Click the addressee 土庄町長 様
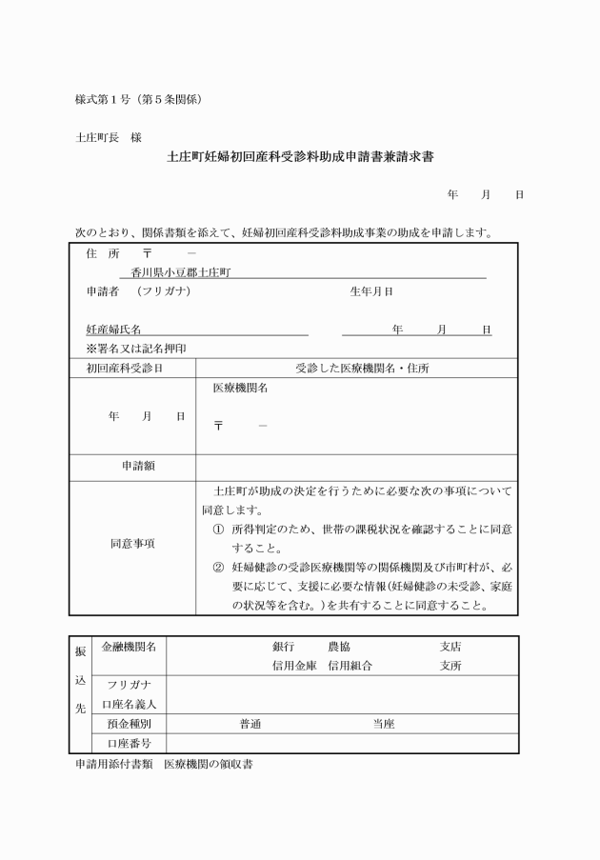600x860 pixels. (108, 138)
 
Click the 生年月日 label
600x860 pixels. (371, 291)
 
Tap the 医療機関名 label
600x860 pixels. (240, 389)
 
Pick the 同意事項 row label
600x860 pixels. (132, 544)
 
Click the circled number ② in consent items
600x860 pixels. (218, 567)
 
